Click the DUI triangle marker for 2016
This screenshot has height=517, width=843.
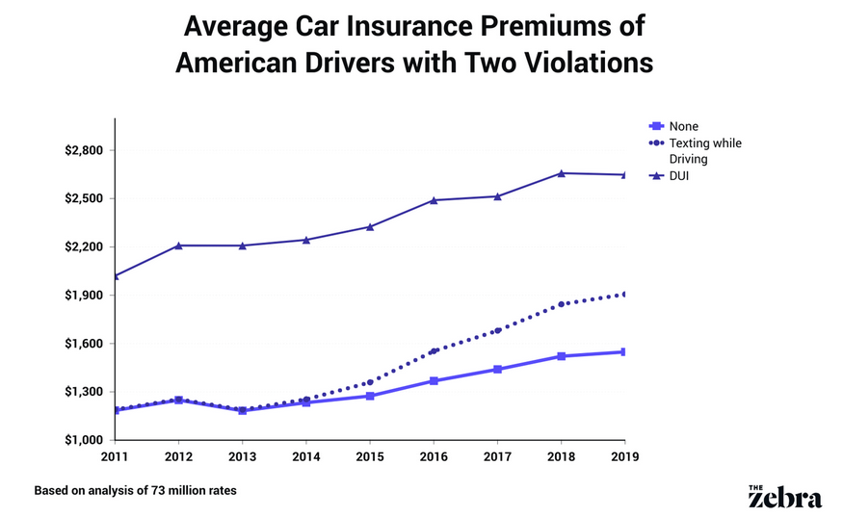click(434, 199)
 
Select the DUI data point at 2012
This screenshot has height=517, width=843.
click(178, 245)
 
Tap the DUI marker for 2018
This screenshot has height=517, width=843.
click(561, 172)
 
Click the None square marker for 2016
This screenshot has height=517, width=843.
click(434, 381)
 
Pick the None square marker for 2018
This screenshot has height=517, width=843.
click(561, 356)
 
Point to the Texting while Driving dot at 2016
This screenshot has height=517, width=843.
click(434, 351)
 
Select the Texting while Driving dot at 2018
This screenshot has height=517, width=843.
click(561, 304)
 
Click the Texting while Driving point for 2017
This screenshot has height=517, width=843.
click(497, 330)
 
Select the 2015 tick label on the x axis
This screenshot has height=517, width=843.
click(370, 456)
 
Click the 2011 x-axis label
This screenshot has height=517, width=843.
click(116, 456)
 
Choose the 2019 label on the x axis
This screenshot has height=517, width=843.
click(624, 456)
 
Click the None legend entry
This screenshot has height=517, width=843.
click(683, 126)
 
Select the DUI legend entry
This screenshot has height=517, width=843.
click(679, 176)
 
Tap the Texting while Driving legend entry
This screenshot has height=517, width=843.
click(704, 150)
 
